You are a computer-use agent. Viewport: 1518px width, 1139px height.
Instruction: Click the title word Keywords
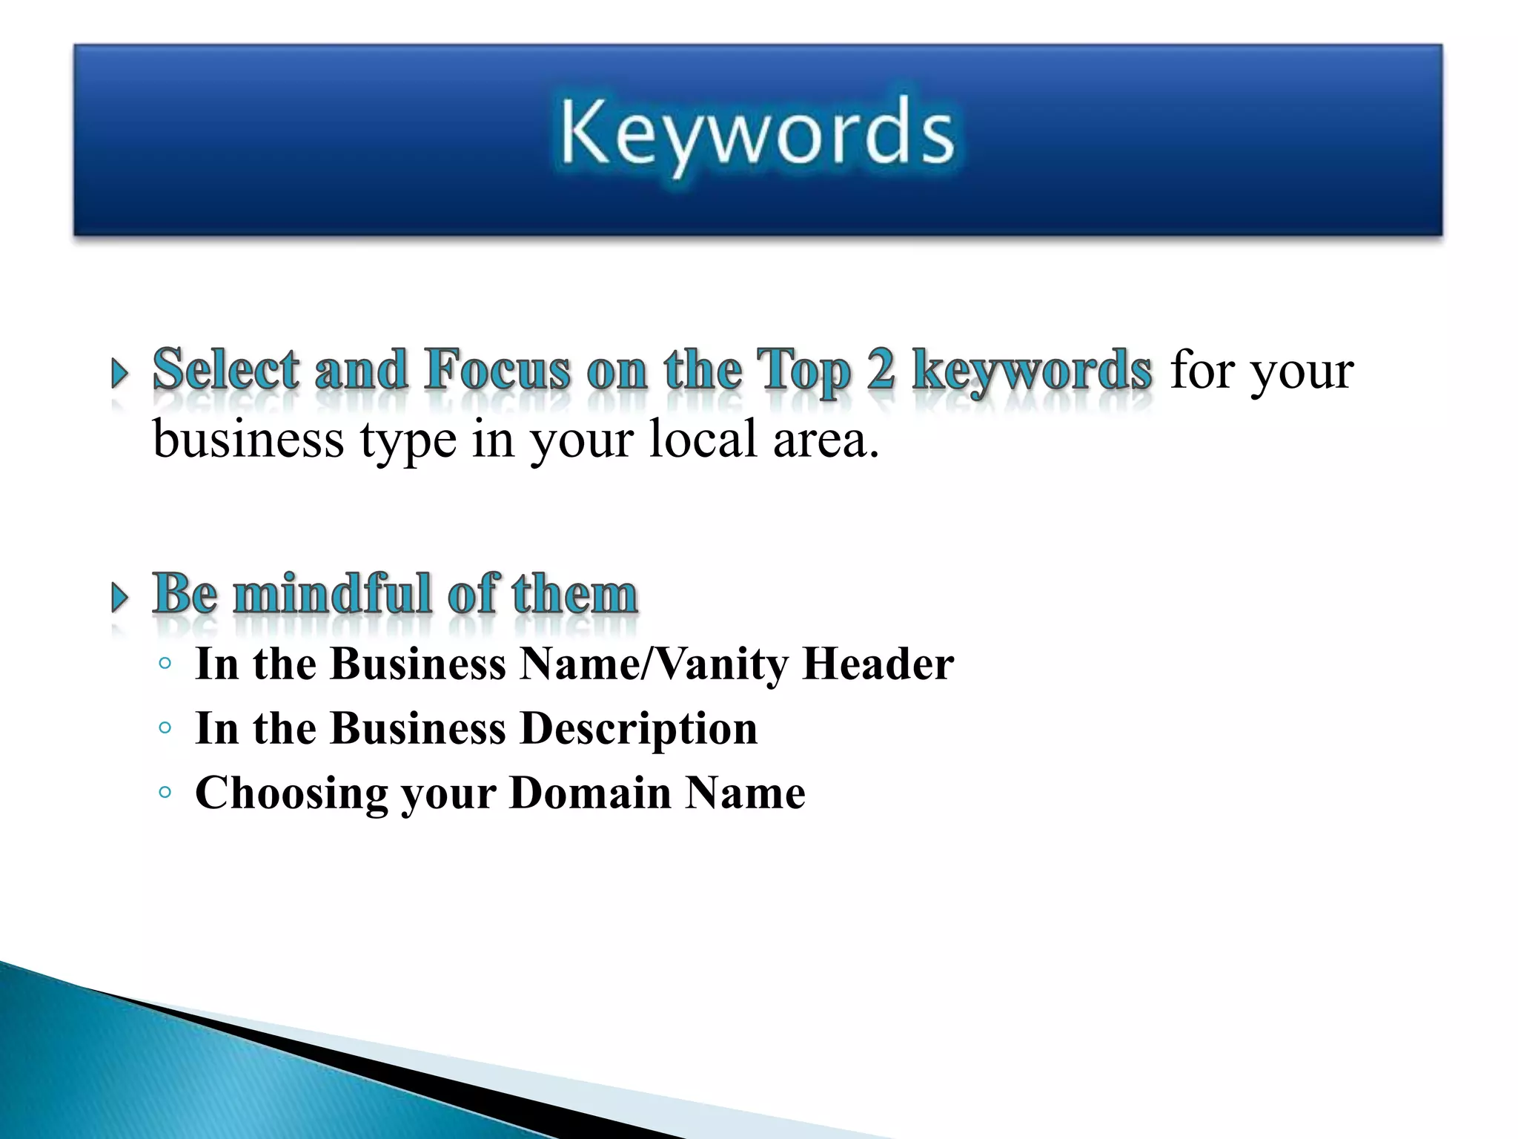tap(757, 134)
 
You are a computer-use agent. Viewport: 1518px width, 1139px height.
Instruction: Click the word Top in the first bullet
tap(803, 371)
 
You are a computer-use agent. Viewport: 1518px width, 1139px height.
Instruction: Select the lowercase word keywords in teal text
tap(1032, 371)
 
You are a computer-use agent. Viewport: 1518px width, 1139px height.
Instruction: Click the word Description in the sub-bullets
tap(639, 728)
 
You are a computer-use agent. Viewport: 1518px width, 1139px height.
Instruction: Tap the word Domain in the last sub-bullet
tap(590, 793)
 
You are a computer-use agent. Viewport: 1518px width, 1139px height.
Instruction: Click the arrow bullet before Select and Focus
tap(119, 374)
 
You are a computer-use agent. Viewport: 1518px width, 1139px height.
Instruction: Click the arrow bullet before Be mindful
tap(119, 598)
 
